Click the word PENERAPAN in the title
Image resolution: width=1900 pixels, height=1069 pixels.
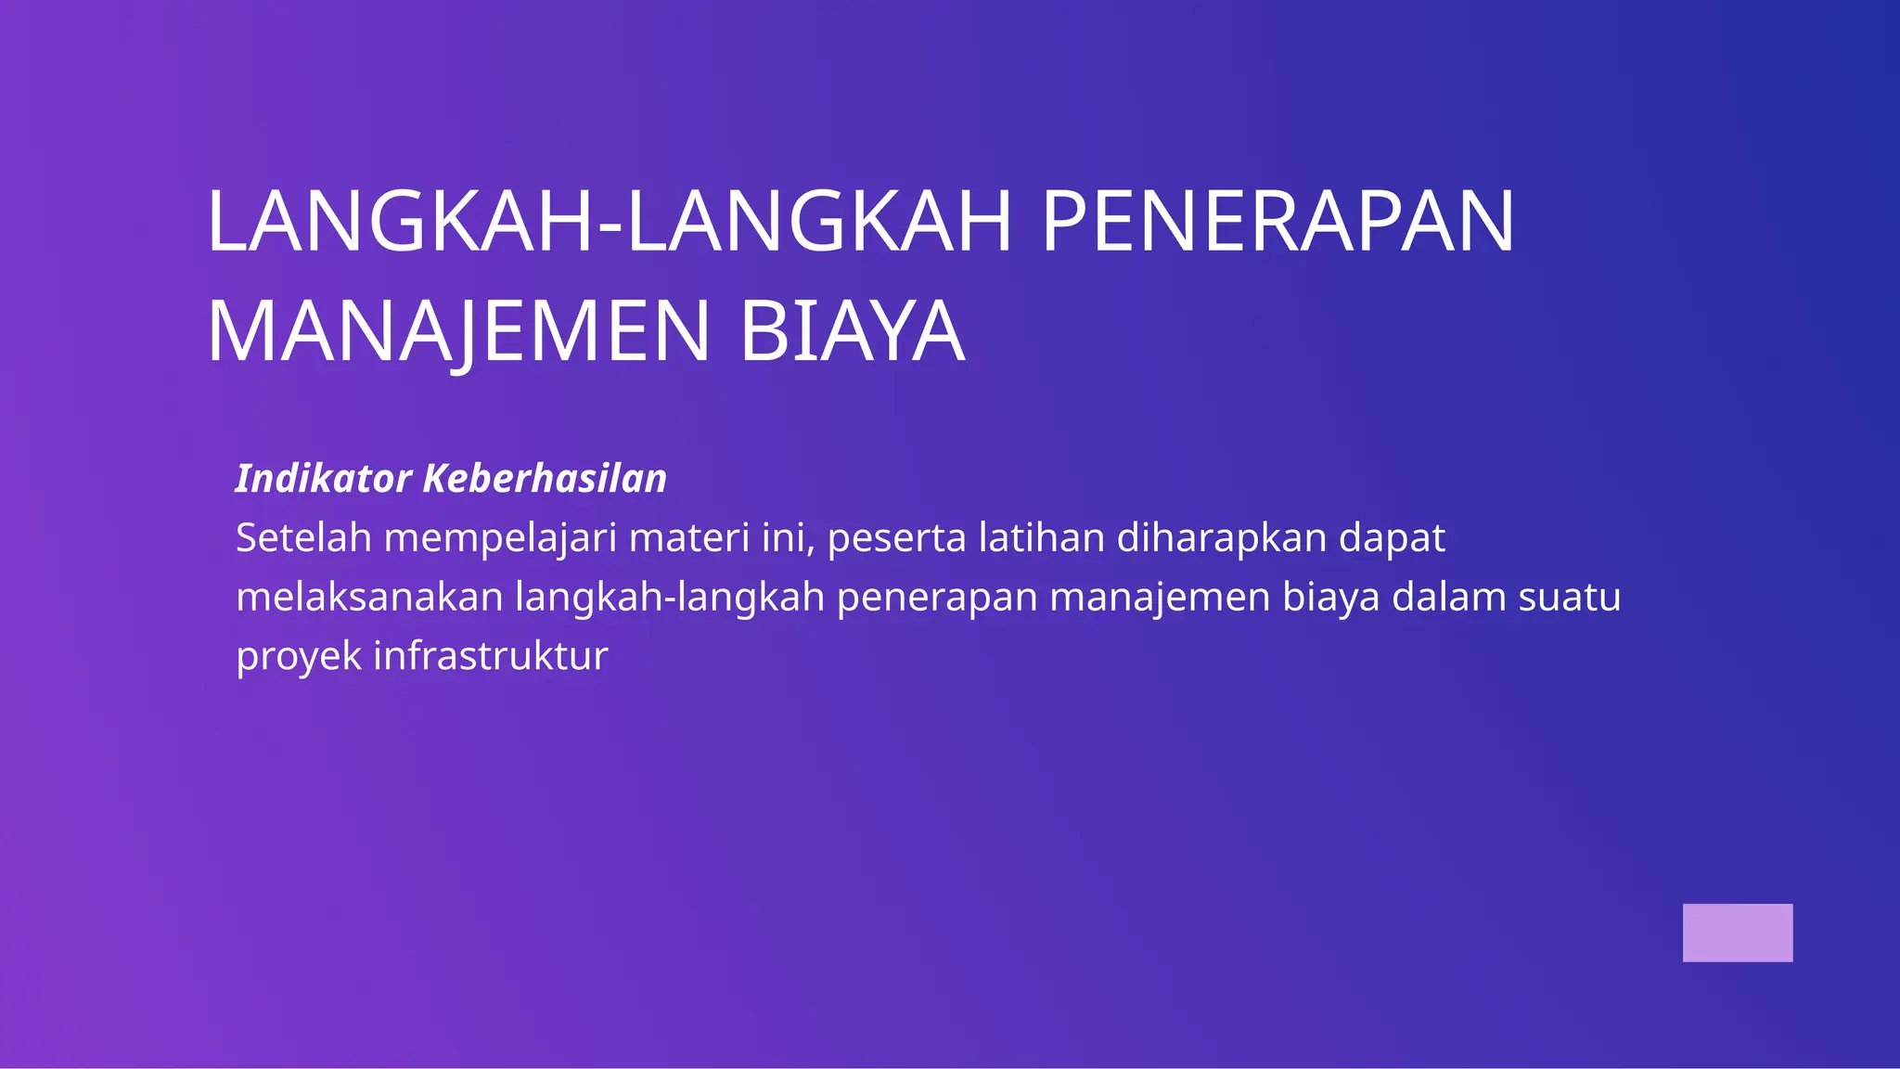[x=1277, y=222]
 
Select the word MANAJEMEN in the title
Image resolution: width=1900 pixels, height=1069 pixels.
[x=458, y=331]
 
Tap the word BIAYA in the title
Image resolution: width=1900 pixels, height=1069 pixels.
[x=852, y=331]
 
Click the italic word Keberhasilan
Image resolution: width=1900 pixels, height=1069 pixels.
[x=545, y=479]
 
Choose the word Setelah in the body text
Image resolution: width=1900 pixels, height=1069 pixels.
[x=303, y=538]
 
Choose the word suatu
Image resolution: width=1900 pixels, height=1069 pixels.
[x=1570, y=598]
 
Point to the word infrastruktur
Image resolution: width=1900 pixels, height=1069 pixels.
[x=491, y=656]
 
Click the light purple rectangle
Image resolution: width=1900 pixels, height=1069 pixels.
[x=1738, y=933]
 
